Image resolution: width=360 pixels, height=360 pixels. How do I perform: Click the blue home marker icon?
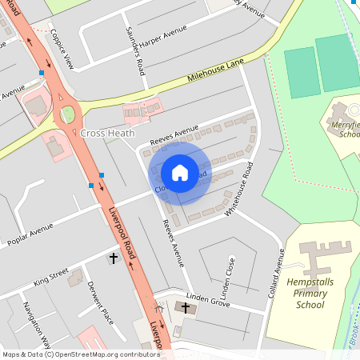pos(180,172)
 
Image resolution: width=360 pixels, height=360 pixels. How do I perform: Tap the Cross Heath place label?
pos(107,134)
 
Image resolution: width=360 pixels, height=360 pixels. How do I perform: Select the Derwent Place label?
pos(101,304)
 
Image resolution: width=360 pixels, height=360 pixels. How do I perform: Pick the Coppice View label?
pos(62,50)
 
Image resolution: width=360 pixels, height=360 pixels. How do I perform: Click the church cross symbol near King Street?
pos(113,259)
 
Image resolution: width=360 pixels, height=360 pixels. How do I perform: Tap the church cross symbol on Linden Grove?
pos(186,307)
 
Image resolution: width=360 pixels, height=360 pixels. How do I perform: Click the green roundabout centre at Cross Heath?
pos(67,114)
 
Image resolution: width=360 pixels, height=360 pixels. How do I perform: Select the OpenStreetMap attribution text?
pos(80,354)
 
